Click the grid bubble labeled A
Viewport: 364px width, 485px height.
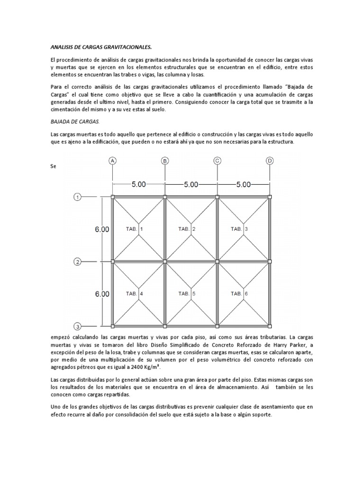tap(112, 161)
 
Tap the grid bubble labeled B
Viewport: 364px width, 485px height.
tap(165, 161)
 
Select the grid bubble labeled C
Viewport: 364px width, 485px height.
tap(218, 161)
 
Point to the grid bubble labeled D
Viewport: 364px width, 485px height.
tap(270, 161)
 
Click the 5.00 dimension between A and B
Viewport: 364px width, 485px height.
tap(138, 185)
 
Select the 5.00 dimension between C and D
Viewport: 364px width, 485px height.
tap(243, 185)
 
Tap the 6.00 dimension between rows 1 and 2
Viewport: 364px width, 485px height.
tap(102, 229)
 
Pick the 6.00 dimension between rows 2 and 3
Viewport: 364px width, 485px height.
tap(102, 294)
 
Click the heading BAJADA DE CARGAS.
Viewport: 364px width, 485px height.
tap(75, 121)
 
